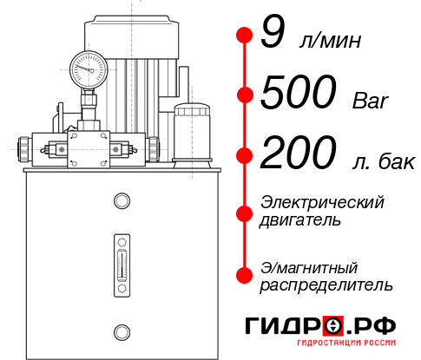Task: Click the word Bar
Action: [x=370, y=101]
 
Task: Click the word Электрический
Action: [x=322, y=202]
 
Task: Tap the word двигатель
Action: [x=300, y=220]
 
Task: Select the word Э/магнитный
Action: [x=309, y=266]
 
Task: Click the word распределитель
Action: [x=326, y=285]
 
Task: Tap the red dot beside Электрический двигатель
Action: [x=244, y=211]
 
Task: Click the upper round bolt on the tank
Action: [x=121, y=201]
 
